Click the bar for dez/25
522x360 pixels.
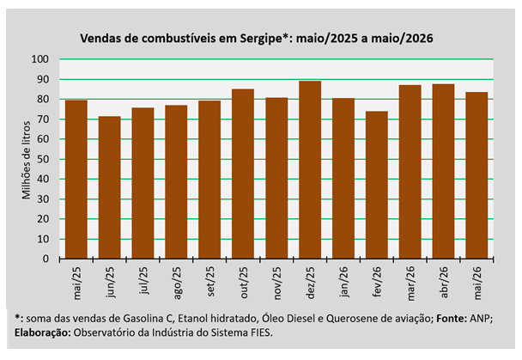pyautogui.click(x=310, y=170)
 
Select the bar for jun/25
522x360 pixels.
pyautogui.click(x=110, y=187)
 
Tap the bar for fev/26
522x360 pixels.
pyautogui.click(x=377, y=186)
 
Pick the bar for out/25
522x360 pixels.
pyautogui.click(x=243, y=174)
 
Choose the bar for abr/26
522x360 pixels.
pyautogui.click(x=443, y=172)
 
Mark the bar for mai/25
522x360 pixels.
pyautogui.click(x=76, y=180)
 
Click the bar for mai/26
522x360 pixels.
pyautogui.click(x=476, y=175)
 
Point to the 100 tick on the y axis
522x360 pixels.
pyautogui.click(x=40, y=59)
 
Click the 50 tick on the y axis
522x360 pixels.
pyautogui.click(x=43, y=159)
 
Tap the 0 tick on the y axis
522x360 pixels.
pyautogui.click(x=46, y=259)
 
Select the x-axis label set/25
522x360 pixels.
pyautogui.click(x=210, y=282)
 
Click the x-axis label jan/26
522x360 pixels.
pyautogui.click(x=344, y=282)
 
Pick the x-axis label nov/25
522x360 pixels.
pyautogui.click(x=277, y=284)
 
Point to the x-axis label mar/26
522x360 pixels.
pyautogui.click(x=410, y=284)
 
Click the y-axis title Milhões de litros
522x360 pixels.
pyautogui.click(x=27, y=160)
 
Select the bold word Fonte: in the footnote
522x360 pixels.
pyautogui.click(x=452, y=319)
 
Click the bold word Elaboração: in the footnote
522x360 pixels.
pyautogui.click(x=43, y=333)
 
